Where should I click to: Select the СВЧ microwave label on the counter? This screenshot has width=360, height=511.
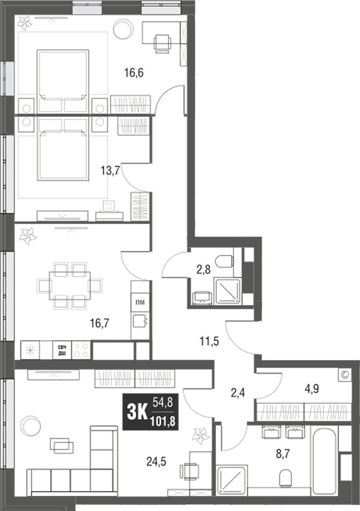tap(62, 350)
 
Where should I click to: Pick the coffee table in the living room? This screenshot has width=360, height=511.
tap(62, 445)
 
